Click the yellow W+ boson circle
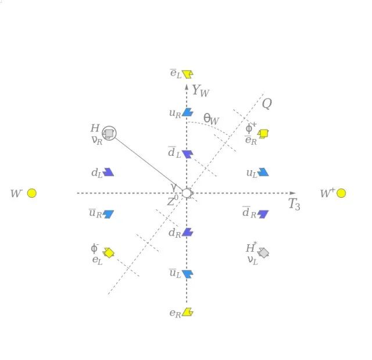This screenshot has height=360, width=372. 341,193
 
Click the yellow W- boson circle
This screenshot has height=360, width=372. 32,193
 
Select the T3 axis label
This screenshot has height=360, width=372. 294,204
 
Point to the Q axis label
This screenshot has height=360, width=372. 267,104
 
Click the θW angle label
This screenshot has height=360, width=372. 211,119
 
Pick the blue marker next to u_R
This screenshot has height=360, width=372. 187,112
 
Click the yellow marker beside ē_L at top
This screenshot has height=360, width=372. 187,74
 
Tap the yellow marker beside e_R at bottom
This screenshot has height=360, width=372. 187,312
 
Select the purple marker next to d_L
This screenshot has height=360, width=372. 108,172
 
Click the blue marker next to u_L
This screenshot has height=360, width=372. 263,172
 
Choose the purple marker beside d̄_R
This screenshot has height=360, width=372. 263,214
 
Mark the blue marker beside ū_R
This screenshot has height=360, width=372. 108,214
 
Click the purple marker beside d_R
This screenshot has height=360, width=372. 187,232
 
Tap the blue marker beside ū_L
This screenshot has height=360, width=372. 187,273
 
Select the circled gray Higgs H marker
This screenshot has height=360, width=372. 109,134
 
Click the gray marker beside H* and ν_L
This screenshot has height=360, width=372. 263,252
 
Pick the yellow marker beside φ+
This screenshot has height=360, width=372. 263,133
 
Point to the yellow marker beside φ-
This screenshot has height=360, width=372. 109,252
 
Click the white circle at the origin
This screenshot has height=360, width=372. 187,193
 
